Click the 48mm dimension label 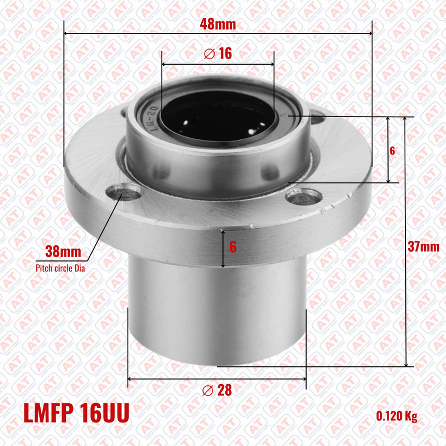tap(218, 24)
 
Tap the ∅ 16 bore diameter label tap(218, 54)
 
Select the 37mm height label tap(424, 246)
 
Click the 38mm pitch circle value tap(63, 252)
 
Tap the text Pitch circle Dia tap(60, 268)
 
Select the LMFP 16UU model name tap(76, 413)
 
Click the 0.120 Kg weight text tap(397, 416)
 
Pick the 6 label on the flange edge tap(233, 247)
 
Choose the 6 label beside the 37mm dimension tap(392, 151)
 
